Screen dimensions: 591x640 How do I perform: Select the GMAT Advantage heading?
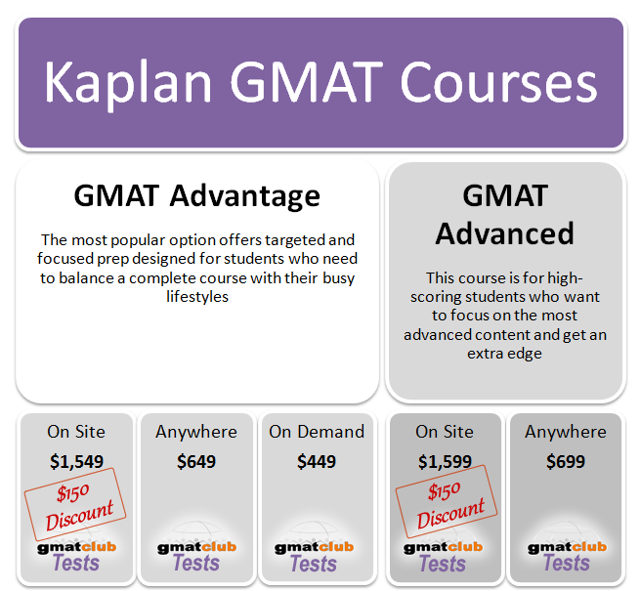[x=196, y=195]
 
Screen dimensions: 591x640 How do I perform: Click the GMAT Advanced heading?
[x=504, y=214]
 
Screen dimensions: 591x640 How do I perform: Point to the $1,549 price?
[x=76, y=461]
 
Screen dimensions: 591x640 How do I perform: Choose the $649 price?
[x=196, y=461]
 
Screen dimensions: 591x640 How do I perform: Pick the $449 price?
[x=317, y=461]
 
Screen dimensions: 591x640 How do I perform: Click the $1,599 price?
[x=445, y=461]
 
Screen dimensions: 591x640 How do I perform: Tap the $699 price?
[x=566, y=461]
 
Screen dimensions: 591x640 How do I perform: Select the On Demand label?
[x=317, y=432]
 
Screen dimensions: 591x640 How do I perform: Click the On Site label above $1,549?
[x=76, y=432]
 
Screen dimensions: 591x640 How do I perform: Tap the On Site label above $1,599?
[x=445, y=432]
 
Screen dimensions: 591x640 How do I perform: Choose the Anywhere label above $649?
[x=196, y=432]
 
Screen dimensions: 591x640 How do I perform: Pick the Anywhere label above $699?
[x=566, y=432]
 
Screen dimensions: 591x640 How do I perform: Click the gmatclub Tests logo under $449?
[x=315, y=555]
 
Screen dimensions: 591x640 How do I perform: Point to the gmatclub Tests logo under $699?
[x=567, y=555]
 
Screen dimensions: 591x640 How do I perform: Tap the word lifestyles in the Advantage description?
[x=196, y=296]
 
